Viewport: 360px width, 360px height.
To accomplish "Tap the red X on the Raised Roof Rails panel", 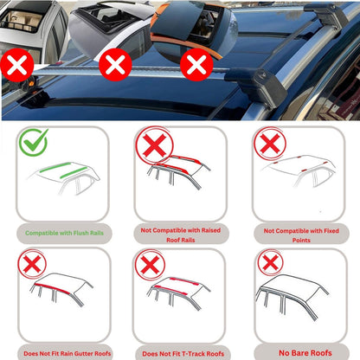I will point(152,145).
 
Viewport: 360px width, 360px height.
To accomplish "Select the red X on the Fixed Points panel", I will point(268,142).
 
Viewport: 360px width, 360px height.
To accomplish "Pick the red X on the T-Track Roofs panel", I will point(151,264).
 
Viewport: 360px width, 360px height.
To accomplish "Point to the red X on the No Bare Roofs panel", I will point(269,263).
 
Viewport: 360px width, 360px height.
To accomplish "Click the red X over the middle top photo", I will point(115,63).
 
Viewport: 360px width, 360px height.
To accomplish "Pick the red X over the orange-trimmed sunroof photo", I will point(196,63).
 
